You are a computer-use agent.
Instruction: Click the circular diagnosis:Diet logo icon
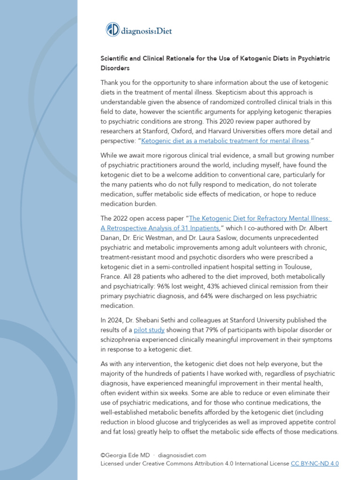tap(113, 30)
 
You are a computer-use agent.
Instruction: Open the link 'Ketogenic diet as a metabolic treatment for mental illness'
tap(225, 141)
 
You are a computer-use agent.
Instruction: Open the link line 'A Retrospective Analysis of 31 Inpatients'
tap(160, 228)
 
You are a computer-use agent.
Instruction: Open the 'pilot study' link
tap(149, 330)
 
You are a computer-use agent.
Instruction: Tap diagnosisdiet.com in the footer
tap(182, 455)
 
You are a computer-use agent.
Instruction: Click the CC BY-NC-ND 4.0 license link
tap(315, 463)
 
